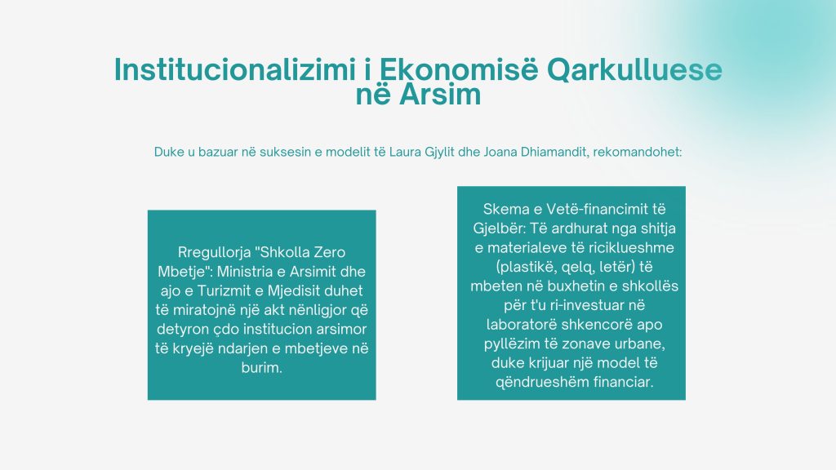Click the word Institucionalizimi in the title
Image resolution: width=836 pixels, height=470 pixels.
click(235, 70)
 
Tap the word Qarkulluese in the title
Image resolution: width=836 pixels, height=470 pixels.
click(634, 71)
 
